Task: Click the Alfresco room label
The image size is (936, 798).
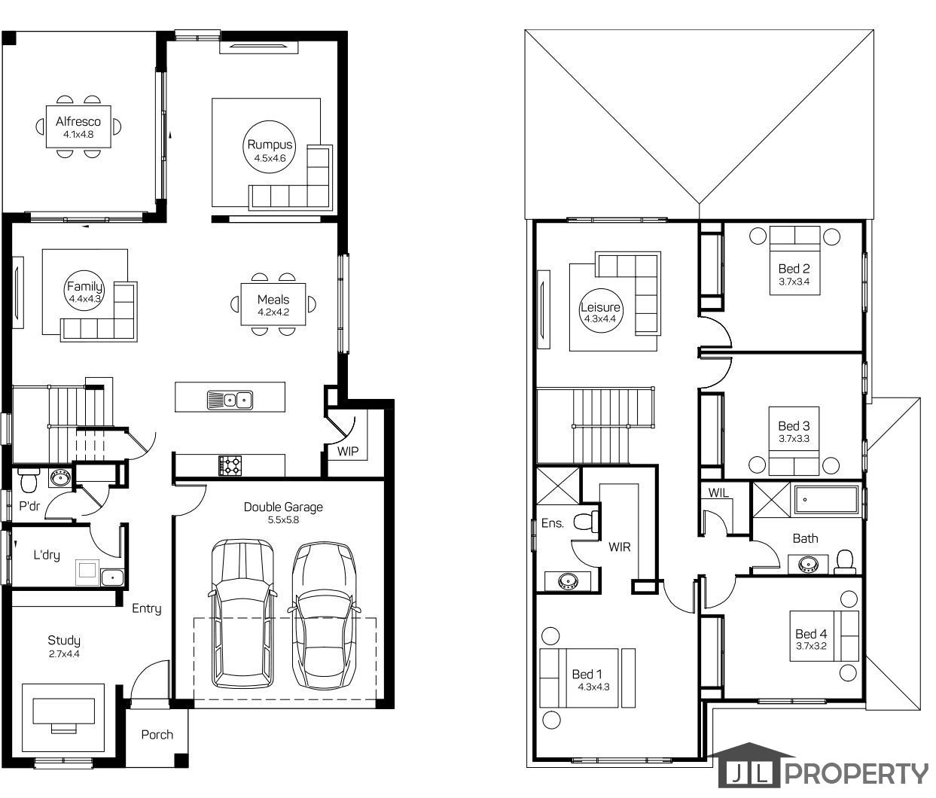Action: pos(78,121)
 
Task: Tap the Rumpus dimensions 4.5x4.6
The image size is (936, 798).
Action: pos(270,158)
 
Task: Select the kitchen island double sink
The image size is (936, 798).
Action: pos(230,401)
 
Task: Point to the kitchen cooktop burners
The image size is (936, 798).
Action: pos(230,465)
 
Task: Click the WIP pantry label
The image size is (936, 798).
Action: pos(348,451)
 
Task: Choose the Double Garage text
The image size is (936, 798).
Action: pos(283,507)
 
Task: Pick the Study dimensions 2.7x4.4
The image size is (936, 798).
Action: pos(64,653)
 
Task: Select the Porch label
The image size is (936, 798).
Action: pos(157,734)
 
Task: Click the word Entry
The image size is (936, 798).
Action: pos(147,608)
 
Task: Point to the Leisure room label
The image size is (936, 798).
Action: pos(600,307)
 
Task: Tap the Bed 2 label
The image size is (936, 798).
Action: pos(794,269)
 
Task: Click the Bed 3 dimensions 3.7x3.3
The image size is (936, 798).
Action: pos(794,439)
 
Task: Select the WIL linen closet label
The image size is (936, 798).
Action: pos(718,493)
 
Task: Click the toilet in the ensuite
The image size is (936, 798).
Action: pos(586,521)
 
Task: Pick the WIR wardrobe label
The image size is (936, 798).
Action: pos(620,547)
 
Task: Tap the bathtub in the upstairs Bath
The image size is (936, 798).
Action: pos(826,500)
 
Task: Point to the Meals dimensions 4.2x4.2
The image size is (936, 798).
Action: pos(273,312)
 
